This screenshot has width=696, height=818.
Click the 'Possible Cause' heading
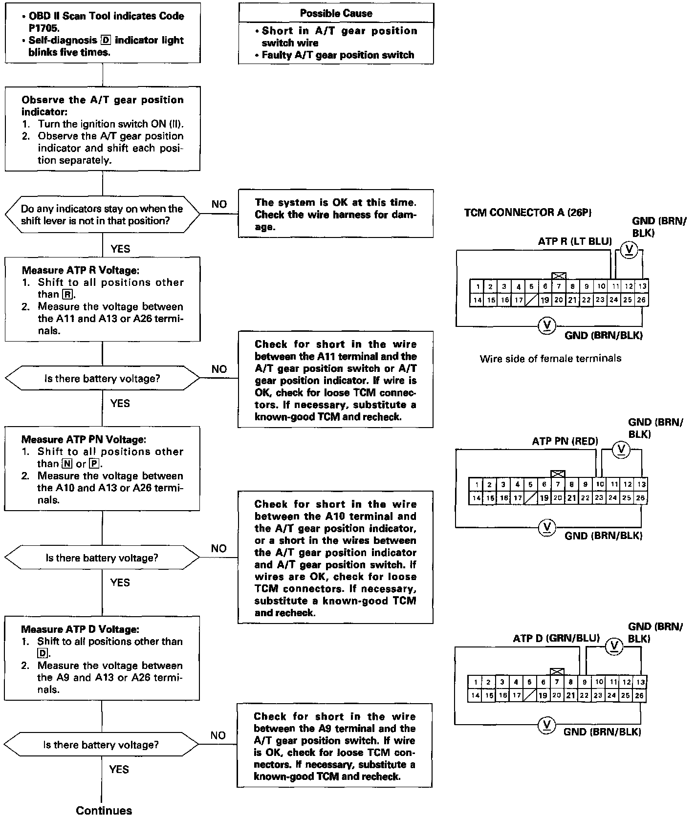pos(336,13)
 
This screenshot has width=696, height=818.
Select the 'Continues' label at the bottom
pos(104,810)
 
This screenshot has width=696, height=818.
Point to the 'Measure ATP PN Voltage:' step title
pos(84,440)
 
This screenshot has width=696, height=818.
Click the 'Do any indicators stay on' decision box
pos(102,215)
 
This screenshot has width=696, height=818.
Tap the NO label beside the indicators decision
pos(219,204)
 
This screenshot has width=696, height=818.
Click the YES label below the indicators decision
pos(120,249)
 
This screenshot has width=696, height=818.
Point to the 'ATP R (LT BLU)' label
pos(574,241)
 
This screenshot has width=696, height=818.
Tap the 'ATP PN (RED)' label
pos(565,442)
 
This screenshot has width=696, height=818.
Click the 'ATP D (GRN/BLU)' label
pos(556,638)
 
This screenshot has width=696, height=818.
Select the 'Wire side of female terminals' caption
pos(550,359)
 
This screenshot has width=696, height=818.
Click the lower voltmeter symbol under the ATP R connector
pos(546,325)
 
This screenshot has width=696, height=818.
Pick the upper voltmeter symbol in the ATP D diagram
pos(614,646)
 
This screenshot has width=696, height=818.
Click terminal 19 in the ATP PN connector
pos(544,498)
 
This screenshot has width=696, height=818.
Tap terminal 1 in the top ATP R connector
pos(477,287)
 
